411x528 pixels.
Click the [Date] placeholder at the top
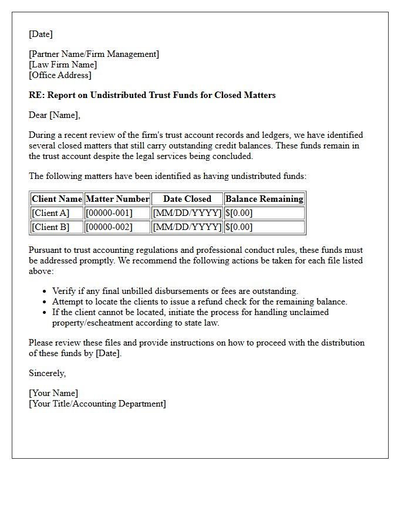pos(41,34)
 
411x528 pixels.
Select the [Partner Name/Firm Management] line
pos(93,54)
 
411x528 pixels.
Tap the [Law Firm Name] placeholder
pos(63,65)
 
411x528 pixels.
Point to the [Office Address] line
pos(60,75)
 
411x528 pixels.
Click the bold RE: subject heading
pos(152,95)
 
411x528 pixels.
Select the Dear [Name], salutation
pos(55,115)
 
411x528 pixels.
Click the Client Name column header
pos(57,199)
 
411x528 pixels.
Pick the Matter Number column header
pos(117,199)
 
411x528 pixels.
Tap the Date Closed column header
pos(187,199)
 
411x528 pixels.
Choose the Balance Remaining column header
pos(264,199)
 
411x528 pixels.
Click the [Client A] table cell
pos(50,213)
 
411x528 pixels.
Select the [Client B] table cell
pos(50,227)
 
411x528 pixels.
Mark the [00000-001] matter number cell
pos(109,213)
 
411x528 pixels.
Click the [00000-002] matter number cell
pos(109,227)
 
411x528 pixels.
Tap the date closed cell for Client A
pos(187,213)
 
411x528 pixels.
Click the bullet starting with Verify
pos(175,291)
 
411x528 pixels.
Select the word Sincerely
pos(48,373)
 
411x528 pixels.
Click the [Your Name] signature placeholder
pos(53,393)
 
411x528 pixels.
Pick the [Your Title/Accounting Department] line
pos(97,404)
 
